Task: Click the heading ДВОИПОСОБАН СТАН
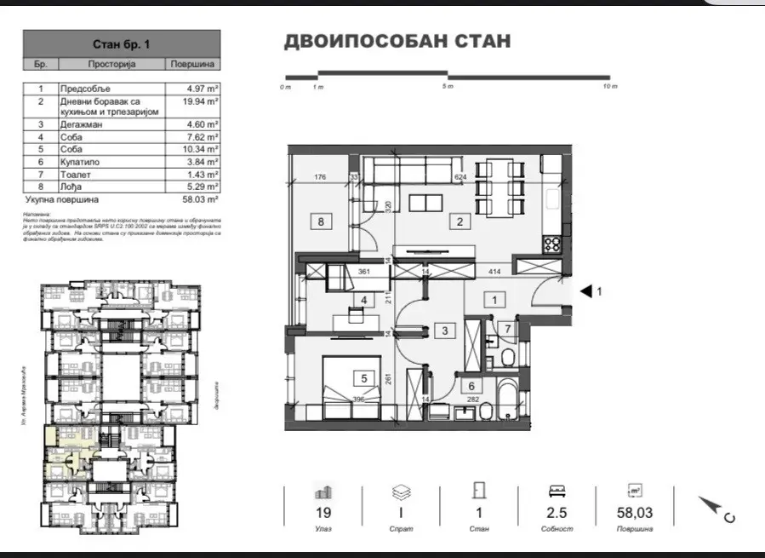[397, 42]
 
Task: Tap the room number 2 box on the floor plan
[460, 223]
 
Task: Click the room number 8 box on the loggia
[322, 223]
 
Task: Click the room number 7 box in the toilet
[506, 329]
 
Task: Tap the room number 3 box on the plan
[444, 331]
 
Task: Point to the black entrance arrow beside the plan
[585, 291]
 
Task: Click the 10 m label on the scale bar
[608, 87]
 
